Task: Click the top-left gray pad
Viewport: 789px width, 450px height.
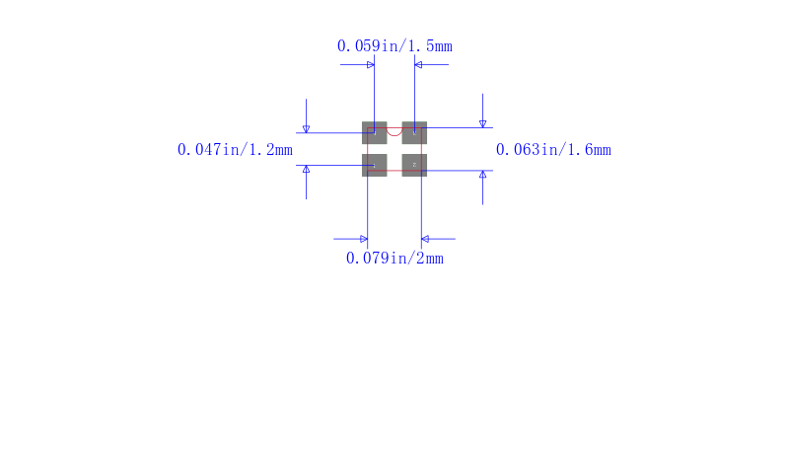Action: coord(375,133)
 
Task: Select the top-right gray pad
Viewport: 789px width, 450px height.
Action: coord(414,133)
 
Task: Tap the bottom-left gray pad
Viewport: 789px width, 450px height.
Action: coord(375,165)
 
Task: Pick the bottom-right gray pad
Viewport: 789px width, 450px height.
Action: coord(414,165)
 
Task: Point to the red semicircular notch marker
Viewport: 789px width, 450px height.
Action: coord(394,133)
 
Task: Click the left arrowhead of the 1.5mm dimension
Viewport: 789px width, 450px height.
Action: coord(371,64)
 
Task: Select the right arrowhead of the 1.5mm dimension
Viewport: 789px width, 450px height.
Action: coord(418,64)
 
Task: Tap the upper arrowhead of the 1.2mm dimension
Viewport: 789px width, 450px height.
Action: coord(306,129)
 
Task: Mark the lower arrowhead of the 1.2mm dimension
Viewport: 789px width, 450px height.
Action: coord(306,169)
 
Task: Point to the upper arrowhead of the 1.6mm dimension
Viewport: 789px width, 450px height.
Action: coord(482,124)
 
